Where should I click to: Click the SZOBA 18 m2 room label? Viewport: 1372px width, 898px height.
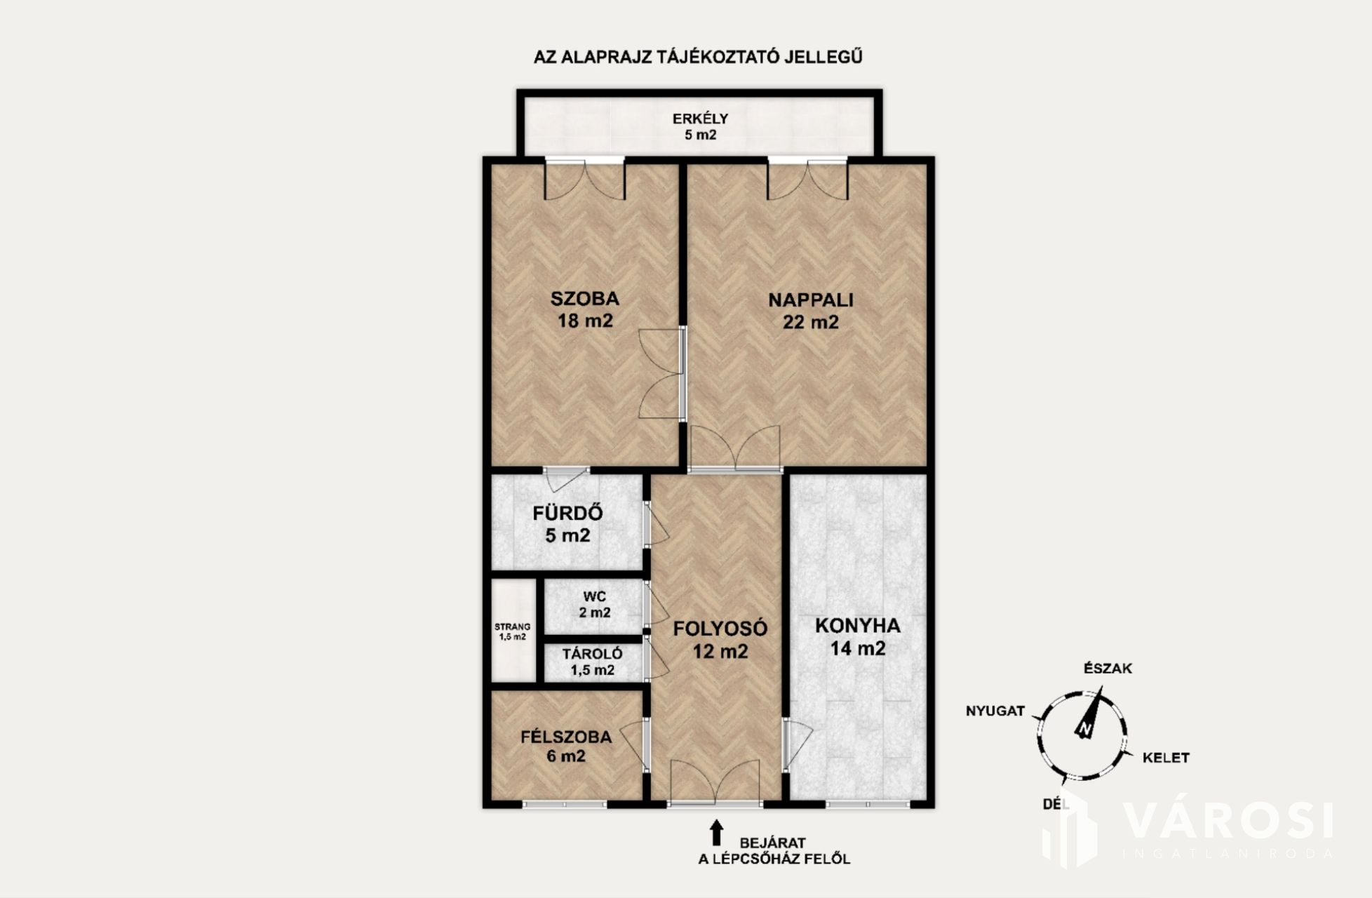pos(585,309)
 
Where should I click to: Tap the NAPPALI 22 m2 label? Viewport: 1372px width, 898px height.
pos(811,311)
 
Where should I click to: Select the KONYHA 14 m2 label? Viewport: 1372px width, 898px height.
pos(858,637)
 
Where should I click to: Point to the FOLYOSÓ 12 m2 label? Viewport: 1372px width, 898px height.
pos(720,640)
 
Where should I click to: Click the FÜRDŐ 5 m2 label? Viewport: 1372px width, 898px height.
pos(567,524)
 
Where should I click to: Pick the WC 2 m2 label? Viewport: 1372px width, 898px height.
pos(595,605)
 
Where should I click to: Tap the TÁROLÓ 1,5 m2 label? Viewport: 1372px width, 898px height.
pos(593,662)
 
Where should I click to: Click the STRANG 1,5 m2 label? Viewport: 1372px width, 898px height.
pos(513,631)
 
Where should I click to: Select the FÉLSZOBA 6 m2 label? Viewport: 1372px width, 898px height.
pos(566,746)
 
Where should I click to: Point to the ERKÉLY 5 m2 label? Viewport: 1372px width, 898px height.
pos(701,126)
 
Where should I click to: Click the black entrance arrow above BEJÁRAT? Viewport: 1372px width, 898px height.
pos(716,833)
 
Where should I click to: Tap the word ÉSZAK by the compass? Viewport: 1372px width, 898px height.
pos(1108,669)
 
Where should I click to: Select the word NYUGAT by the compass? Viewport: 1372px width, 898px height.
pos(995,711)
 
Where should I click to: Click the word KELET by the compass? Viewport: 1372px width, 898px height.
pos(1166,758)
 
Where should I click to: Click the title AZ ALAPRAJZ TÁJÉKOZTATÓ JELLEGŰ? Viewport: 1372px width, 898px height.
pos(698,57)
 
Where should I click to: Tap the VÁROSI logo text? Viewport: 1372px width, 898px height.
pos(1228,821)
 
